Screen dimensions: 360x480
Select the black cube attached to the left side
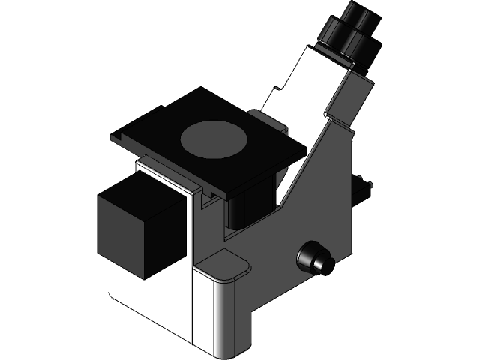(x=142, y=225)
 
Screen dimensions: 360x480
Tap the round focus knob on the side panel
(x=313, y=256)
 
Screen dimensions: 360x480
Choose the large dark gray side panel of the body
(x=315, y=210)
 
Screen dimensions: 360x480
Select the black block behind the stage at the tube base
(x=268, y=118)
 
